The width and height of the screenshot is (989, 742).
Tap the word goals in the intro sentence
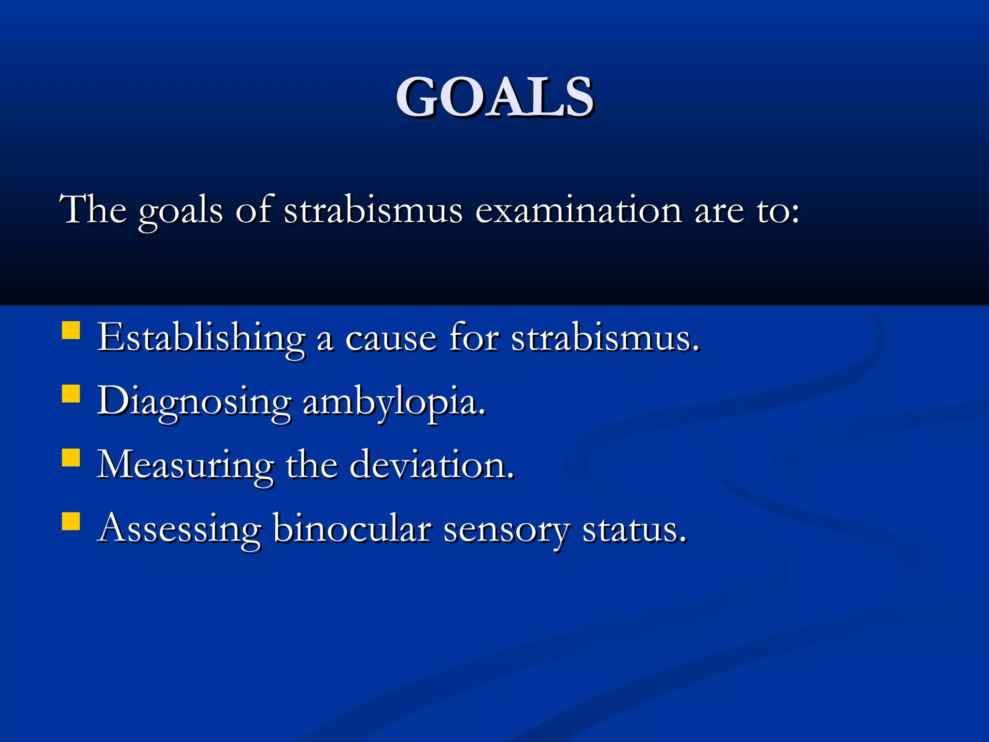click(181, 211)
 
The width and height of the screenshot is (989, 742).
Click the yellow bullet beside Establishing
click(71, 331)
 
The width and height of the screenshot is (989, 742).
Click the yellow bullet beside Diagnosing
click(71, 394)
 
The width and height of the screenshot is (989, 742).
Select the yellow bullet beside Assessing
click(71, 522)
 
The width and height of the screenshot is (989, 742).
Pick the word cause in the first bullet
click(391, 338)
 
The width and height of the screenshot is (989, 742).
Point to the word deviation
click(431, 465)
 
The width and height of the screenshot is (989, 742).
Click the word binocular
click(352, 528)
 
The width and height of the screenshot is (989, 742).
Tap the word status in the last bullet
click(634, 529)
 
